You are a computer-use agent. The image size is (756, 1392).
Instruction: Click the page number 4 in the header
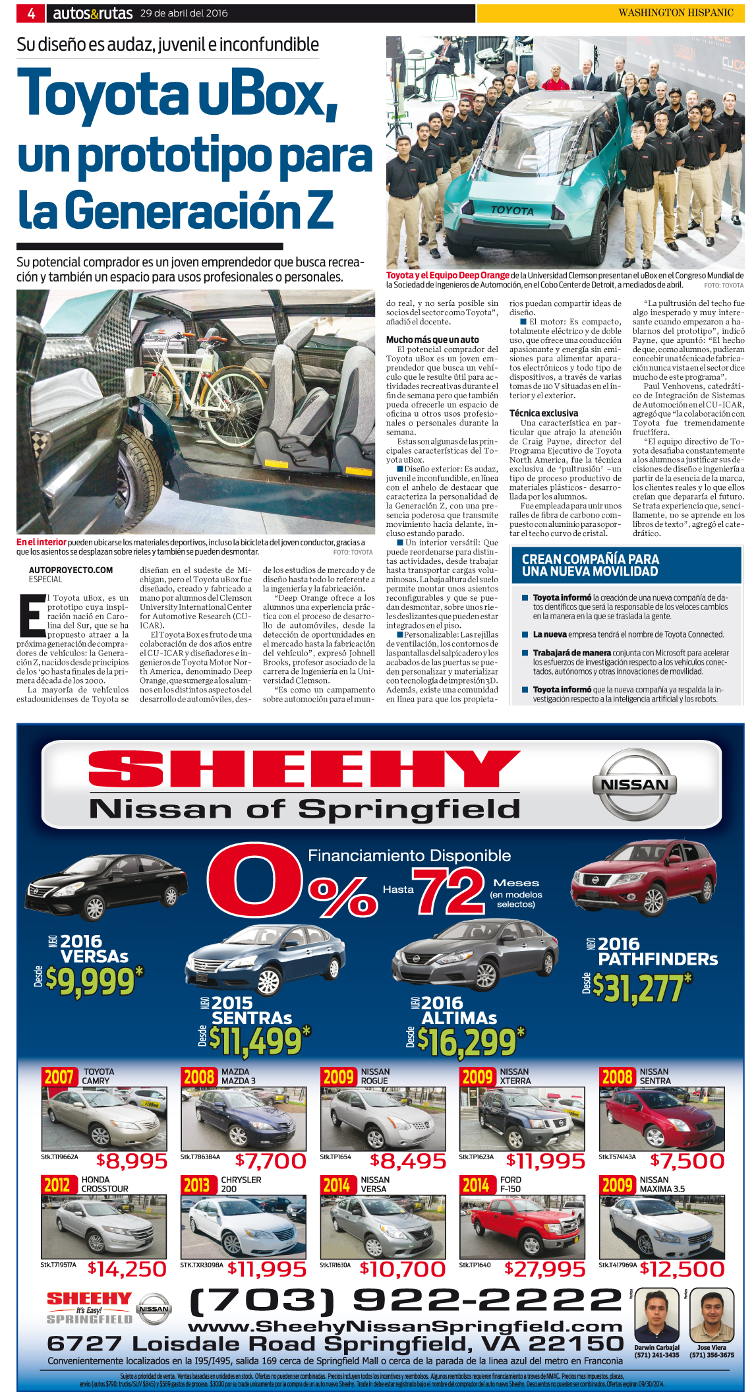(30, 13)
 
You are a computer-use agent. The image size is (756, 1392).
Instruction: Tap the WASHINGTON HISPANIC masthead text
(675, 13)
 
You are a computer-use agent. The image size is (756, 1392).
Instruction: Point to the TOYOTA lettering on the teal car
(512, 210)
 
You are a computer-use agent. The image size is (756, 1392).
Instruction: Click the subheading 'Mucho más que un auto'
(432, 340)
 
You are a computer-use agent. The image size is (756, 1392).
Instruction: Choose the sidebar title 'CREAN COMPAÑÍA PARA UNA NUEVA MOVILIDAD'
(591, 565)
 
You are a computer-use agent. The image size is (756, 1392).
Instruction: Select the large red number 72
(448, 891)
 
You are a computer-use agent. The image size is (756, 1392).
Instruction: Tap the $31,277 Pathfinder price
(642, 987)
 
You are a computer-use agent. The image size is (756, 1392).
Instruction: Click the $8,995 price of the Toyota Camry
(132, 1161)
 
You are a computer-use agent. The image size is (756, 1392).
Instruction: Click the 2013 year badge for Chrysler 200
(196, 1185)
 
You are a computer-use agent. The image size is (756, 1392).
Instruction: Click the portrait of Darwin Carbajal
(656, 1316)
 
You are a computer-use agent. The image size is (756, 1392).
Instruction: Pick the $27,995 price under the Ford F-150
(544, 1269)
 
